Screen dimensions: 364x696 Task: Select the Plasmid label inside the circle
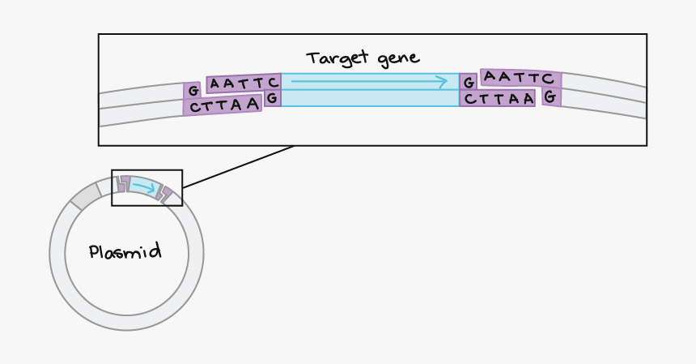pos(125,251)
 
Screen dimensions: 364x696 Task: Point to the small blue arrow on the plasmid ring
pos(144,187)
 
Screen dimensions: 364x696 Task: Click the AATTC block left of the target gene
pos(244,83)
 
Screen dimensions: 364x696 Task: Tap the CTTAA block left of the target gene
pos(223,105)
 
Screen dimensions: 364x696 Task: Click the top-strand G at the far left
pos(193,91)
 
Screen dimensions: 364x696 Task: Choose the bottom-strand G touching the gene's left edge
pos(273,98)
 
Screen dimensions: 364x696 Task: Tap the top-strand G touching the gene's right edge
pos(469,83)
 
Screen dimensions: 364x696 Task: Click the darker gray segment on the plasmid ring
pos(85,195)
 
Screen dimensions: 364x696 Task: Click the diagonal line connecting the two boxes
pos(239,166)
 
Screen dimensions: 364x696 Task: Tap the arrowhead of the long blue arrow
pos(442,82)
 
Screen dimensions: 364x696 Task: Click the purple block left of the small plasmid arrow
pos(122,183)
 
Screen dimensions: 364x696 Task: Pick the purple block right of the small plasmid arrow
pos(165,194)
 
